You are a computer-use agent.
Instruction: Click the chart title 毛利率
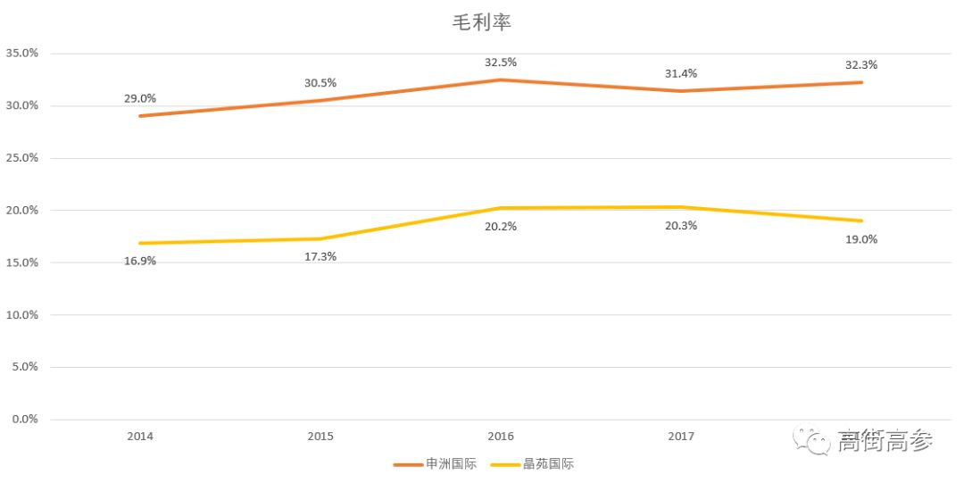(482, 23)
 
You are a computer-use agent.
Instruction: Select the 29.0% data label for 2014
(140, 98)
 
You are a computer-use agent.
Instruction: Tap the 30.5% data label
(320, 83)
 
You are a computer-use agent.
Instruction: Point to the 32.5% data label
(501, 62)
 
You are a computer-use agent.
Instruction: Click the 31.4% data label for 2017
(681, 73)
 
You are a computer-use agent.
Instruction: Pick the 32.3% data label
(861, 65)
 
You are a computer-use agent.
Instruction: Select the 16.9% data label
(140, 261)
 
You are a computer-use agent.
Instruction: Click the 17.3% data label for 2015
(320, 256)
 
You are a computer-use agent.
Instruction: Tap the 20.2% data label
(501, 226)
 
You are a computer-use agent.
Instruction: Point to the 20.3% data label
(681, 225)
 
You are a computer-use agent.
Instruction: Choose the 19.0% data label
(861, 239)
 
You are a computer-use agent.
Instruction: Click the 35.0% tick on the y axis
(21, 54)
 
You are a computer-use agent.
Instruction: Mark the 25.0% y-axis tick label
(21, 158)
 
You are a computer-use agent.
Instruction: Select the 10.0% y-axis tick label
(21, 315)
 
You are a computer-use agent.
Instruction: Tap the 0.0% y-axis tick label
(24, 420)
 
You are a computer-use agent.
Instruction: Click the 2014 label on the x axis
(140, 437)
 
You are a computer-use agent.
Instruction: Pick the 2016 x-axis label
(501, 437)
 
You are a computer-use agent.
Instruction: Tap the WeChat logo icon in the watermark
(813, 439)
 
